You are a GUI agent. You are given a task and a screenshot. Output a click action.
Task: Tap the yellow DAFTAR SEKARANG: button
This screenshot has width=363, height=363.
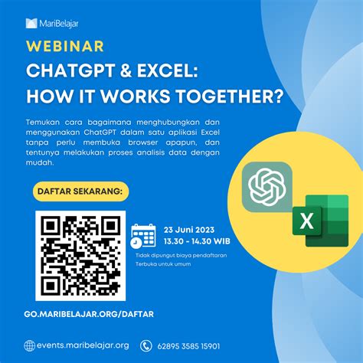point(82,190)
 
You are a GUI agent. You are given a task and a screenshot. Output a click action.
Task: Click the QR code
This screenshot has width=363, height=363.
point(80,256)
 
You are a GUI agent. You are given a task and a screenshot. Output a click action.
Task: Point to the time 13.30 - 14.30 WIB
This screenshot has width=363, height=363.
point(197,240)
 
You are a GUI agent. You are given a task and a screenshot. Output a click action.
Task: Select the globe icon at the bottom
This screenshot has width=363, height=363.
point(29,345)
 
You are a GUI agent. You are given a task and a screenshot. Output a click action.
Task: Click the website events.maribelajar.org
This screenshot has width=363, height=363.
point(83,345)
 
